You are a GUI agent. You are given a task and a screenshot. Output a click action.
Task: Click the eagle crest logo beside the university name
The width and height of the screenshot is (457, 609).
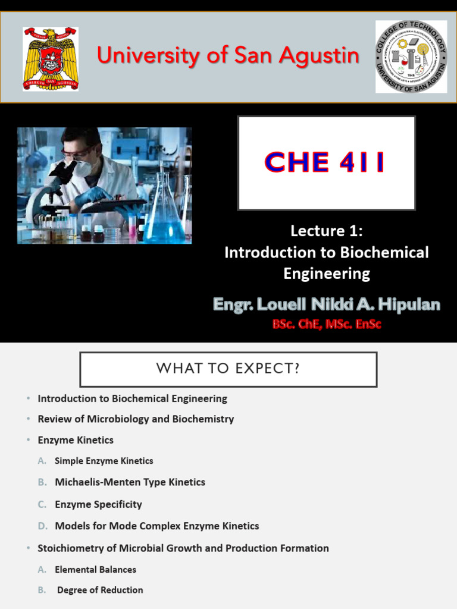click(x=51, y=58)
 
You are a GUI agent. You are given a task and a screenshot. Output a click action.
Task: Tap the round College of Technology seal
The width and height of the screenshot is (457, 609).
click(x=411, y=56)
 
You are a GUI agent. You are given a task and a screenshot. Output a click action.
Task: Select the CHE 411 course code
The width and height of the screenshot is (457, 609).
click(x=325, y=162)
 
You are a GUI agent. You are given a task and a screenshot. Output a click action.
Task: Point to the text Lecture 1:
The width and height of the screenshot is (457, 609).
click(x=326, y=231)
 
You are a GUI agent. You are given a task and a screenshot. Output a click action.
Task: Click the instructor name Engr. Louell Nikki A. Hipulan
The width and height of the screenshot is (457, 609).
click(x=327, y=305)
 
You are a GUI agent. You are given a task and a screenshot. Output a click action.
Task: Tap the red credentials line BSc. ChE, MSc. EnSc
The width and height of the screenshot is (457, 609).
click(x=326, y=324)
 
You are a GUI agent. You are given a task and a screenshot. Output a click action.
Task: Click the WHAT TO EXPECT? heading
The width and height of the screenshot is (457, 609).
click(x=228, y=369)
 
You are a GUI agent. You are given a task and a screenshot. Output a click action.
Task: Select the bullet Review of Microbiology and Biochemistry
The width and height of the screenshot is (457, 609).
click(x=136, y=419)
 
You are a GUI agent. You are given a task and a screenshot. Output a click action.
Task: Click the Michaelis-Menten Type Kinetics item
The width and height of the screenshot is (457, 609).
click(x=130, y=482)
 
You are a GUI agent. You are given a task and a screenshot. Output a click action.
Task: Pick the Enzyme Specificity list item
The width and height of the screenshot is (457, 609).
click(x=98, y=504)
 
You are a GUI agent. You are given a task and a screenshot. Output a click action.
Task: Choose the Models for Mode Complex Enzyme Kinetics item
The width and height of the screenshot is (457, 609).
click(x=156, y=526)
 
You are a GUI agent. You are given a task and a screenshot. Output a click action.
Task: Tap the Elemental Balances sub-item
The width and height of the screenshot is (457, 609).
click(x=95, y=569)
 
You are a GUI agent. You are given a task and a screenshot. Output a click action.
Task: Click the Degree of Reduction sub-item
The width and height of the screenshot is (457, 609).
click(x=100, y=590)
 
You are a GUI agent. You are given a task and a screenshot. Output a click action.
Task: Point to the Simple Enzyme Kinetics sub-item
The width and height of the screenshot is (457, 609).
click(x=104, y=461)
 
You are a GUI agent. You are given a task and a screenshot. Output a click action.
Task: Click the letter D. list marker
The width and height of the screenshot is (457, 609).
click(x=42, y=526)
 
